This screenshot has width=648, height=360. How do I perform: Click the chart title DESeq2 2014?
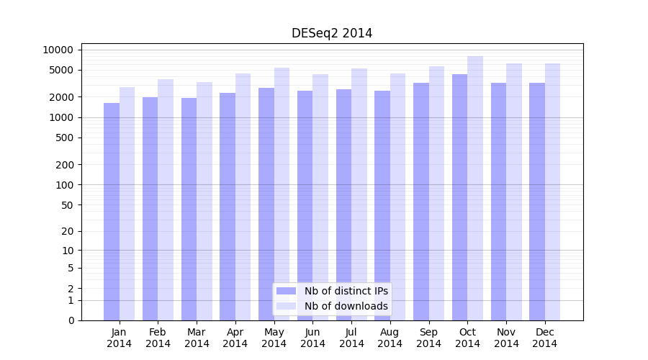tap(332, 33)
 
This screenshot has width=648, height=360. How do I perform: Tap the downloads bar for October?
tap(475, 188)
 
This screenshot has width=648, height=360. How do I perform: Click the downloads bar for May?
tap(282, 194)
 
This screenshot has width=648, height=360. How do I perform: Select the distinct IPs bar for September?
tap(421, 202)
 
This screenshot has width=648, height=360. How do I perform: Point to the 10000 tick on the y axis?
tap(58, 50)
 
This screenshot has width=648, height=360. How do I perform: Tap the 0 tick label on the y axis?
tap(71, 320)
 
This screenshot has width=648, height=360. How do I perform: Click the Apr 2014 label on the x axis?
tap(235, 338)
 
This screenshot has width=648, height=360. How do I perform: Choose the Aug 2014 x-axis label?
tap(390, 338)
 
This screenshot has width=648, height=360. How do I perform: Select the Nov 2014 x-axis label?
tap(506, 338)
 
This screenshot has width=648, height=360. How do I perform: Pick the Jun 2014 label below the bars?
tap(312, 338)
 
